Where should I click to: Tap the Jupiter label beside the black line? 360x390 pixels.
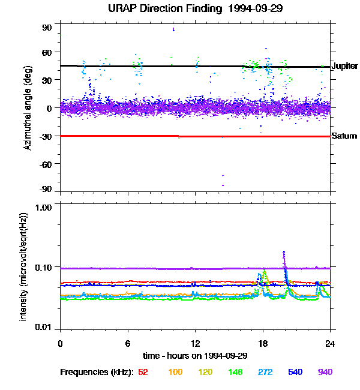click(344, 65)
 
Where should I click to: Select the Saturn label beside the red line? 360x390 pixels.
click(344, 136)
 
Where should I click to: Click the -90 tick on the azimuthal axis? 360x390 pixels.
click(46, 190)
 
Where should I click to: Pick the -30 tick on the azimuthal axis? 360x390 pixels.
click(46, 136)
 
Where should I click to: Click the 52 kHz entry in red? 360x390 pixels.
click(143, 373)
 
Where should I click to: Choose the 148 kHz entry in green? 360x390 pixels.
click(235, 373)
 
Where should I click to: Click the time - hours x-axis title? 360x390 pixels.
click(194, 356)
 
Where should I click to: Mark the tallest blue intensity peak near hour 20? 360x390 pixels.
click(284, 252)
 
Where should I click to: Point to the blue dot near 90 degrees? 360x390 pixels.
click(173, 29)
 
